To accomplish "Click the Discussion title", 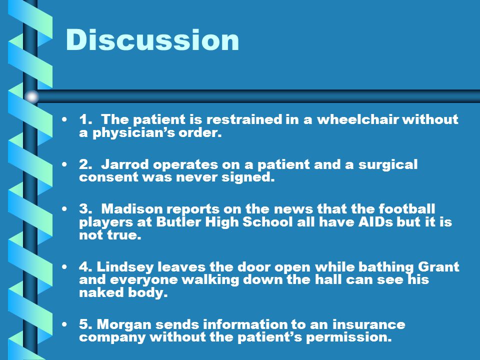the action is (152, 40).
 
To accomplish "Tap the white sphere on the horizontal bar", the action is (32, 96).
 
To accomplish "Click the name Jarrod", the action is (124, 164).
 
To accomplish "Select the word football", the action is (406, 209).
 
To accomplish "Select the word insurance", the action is (368, 324).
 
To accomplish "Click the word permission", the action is (349, 337).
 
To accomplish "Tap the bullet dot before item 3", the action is (64, 209).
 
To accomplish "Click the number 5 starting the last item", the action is (83, 324).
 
